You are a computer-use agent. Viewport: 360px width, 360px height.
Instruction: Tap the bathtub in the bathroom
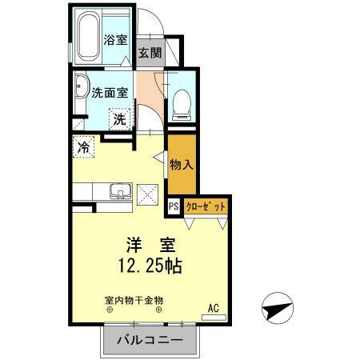[x=90, y=36]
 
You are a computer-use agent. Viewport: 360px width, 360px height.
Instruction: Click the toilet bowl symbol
[x=181, y=99]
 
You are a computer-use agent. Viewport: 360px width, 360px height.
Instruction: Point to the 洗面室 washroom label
[x=110, y=92]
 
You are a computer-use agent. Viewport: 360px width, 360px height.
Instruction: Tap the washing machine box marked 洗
[x=118, y=120]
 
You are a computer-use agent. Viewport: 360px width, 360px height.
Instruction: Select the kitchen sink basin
[x=118, y=192]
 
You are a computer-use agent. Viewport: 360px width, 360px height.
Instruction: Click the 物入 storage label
[x=181, y=166]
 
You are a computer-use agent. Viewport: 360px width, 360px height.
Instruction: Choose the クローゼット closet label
[x=206, y=206]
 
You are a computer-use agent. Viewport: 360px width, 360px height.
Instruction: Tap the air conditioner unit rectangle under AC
[x=214, y=318]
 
